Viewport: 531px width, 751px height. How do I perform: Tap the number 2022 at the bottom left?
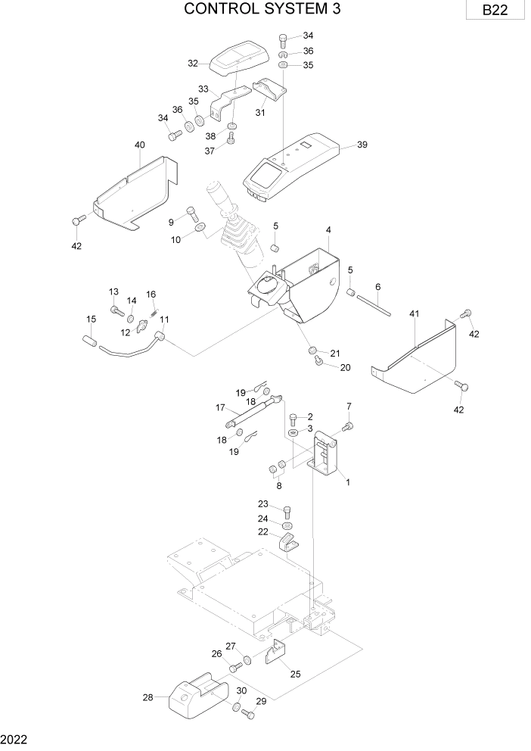[15, 739]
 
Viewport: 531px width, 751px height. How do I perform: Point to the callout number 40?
[139, 145]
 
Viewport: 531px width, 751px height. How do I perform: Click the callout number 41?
[414, 313]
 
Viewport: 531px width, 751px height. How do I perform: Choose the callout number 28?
[147, 697]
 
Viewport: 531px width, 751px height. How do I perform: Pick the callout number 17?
[220, 407]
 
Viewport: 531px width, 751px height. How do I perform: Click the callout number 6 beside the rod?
[378, 286]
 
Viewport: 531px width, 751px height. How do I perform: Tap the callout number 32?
[193, 64]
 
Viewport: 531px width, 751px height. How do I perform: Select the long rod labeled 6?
[374, 300]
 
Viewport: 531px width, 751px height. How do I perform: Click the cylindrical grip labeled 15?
[89, 341]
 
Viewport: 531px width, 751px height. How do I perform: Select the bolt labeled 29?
[245, 714]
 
